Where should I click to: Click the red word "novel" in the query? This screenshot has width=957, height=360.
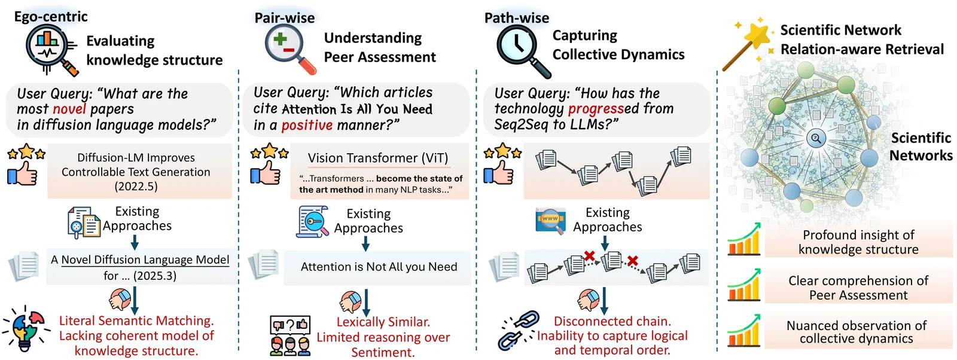point(69,109)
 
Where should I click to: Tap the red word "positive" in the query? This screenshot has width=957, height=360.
point(307,125)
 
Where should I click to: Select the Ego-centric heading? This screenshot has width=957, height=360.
point(51,17)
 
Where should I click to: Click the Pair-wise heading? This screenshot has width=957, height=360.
point(285,18)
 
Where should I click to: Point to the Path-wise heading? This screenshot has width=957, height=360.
point(517,18)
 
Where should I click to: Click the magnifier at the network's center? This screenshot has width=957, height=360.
point(816,139)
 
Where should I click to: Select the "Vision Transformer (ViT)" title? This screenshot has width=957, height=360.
point(377,158)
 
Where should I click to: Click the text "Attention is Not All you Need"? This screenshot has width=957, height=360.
point(379,267)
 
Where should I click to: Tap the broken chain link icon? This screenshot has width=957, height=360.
point(515,330)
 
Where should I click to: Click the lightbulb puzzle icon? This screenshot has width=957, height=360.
point(25,329)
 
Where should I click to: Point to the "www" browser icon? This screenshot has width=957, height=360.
point(550,219)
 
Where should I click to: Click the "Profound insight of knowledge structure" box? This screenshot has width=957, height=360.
point(858,242)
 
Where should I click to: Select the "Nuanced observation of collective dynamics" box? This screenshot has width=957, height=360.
point(857,332)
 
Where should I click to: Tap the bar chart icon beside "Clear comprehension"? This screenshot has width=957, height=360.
point(743,285)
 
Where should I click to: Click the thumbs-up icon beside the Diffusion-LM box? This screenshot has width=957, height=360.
point(22,173)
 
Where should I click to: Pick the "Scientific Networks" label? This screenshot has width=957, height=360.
point(921,147)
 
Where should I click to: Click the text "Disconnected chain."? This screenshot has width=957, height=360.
point(612,321)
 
